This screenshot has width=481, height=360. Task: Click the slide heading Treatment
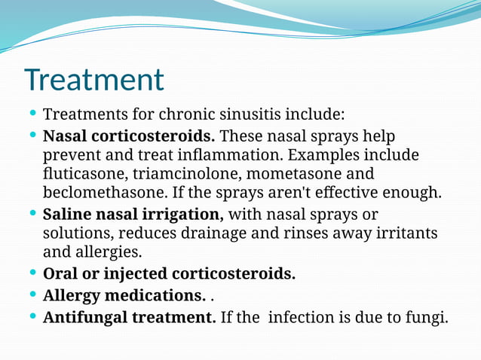click(x=93, y=80)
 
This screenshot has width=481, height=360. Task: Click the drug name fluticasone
click(x=85, y=174)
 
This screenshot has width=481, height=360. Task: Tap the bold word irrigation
click(x=183, y=214)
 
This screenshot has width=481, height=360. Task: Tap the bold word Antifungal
click(x=84, y=317)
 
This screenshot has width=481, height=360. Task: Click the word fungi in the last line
click(x=427, y=317)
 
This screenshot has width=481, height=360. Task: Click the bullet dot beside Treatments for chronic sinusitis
click(x=32, y=114)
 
